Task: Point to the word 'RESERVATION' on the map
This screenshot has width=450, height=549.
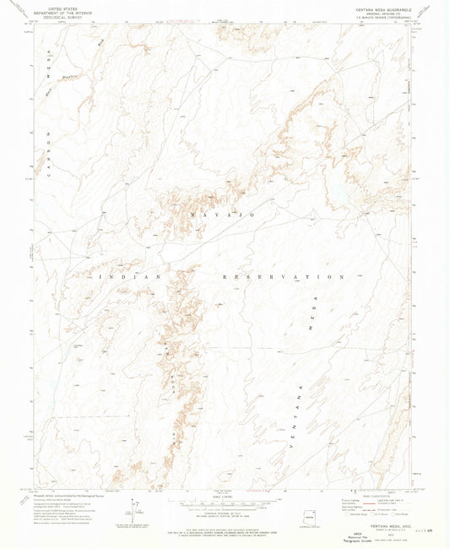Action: click(283, 277)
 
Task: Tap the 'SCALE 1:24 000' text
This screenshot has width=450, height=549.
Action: click(223, 496)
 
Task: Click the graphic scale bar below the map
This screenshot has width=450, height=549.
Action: click(223, 503)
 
